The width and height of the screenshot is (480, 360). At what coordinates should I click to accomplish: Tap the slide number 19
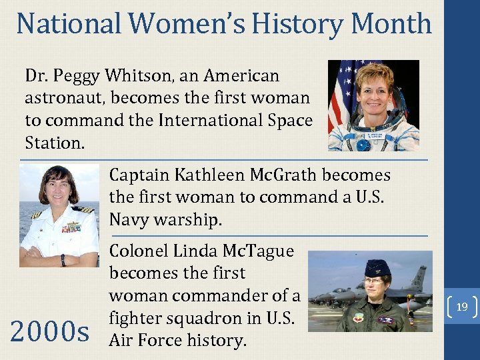[x=461, y=307]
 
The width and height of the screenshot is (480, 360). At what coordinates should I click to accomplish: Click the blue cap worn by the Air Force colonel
[x=377, y=269]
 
